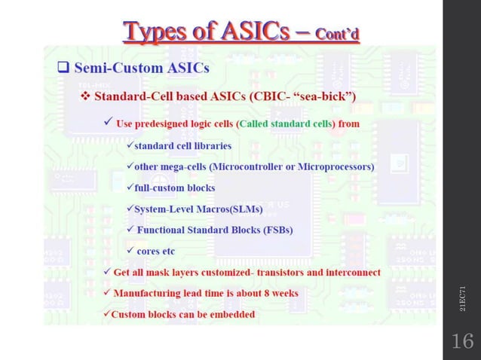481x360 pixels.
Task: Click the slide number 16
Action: tap(461, 341)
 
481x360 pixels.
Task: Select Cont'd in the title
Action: tap(337, 34)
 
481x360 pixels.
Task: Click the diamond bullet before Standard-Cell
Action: tap(85, 97)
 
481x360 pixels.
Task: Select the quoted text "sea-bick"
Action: tap(323, 97)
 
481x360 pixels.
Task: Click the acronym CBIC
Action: tap(265, 97)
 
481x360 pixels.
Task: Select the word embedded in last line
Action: tap(230, 313)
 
